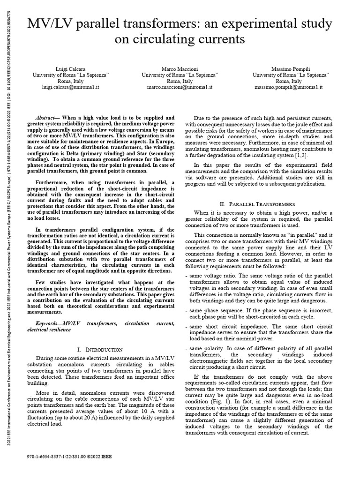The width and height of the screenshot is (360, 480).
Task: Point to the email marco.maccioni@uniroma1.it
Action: tap(180, 87)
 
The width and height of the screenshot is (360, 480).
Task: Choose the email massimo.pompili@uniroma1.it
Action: tap(289, 87)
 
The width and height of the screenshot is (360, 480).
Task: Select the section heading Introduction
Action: tap(99, 350)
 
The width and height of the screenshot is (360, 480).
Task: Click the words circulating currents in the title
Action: tap(180, 40)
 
